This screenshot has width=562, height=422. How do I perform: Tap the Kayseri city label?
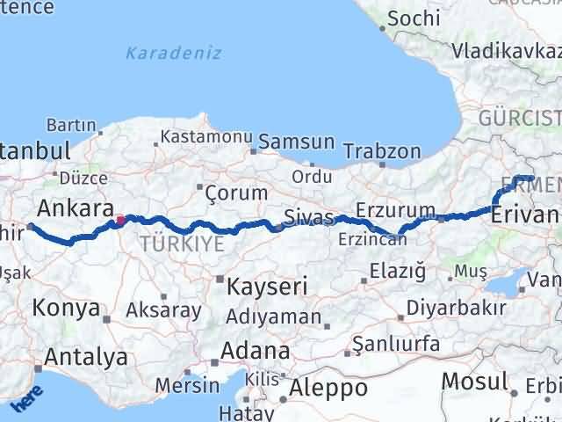266,287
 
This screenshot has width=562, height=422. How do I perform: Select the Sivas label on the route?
309,217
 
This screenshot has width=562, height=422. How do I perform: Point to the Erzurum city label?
396,211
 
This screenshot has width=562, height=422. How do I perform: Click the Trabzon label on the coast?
382,151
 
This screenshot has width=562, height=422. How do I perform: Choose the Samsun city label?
296,142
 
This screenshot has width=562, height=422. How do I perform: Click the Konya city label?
66,308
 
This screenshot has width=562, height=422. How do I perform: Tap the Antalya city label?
85,358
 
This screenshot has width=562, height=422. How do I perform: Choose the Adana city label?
255,351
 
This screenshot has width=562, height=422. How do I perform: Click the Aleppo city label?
329,388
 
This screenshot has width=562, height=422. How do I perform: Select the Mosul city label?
474,382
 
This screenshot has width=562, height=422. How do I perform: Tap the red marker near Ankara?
120,221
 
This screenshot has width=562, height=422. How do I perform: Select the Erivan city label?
525,215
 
